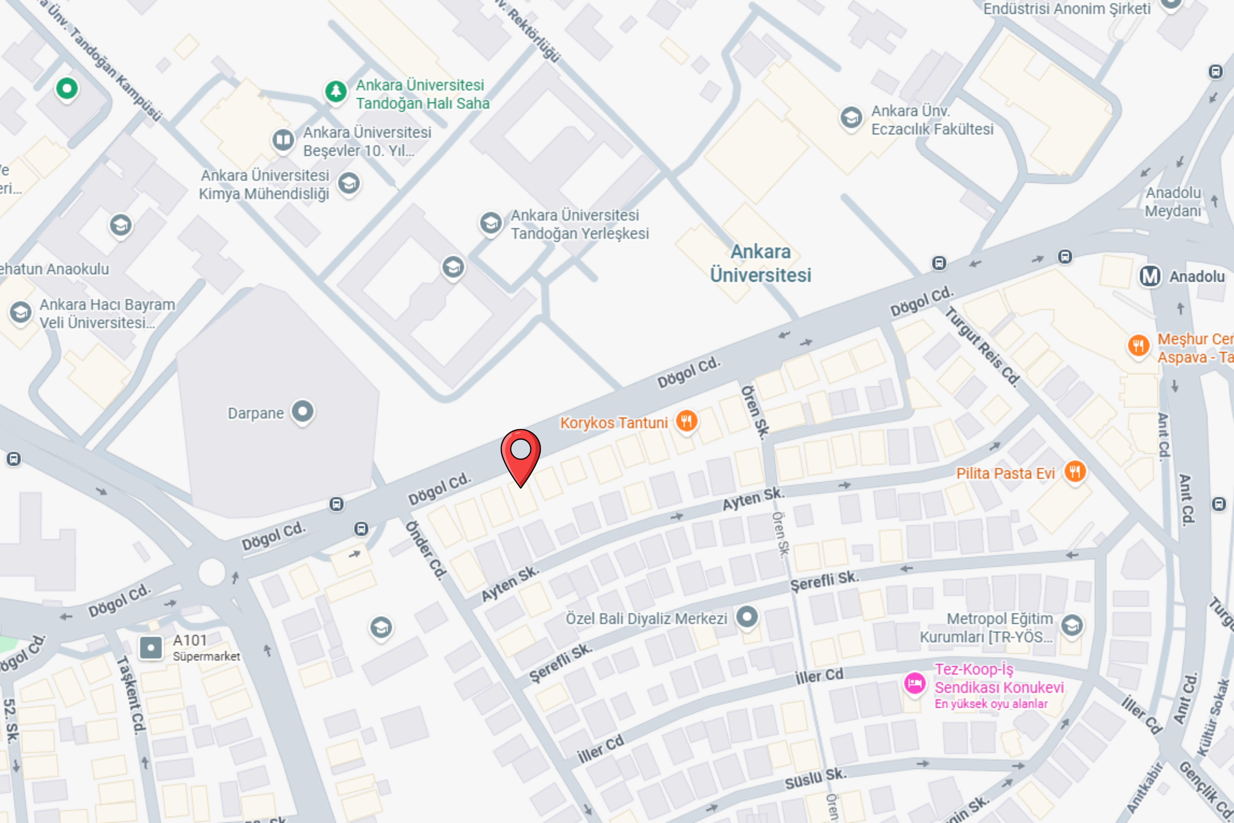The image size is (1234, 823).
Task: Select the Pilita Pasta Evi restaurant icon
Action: [1074, 471]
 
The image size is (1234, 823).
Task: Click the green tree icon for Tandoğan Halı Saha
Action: [336, 91]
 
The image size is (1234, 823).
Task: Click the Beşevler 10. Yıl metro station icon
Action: [283, 140]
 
